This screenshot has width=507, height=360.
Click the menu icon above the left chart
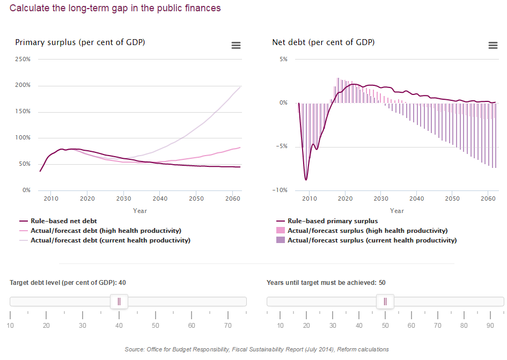(236, 46)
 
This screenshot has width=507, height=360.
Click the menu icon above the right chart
(493, 46)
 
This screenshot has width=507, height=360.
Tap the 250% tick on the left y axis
(22, 59)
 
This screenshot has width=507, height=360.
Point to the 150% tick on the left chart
(22, 112)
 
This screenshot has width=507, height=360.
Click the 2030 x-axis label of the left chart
(123, 199)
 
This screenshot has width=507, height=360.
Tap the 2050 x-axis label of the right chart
(452, 199)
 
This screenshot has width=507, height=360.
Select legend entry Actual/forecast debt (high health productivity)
(106, 231)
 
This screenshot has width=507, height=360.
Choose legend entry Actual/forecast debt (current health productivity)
(110, 240)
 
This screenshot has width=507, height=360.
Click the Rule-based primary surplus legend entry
(333, 221)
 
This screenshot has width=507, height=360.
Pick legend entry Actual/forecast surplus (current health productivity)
(372, 240)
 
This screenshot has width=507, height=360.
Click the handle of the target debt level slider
(119, 302)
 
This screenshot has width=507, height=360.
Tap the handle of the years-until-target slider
(385, 302)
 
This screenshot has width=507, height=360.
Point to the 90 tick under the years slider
(489, 326)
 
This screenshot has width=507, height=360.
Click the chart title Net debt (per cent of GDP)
(323, 42)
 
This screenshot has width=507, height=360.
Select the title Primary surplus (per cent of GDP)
(80, 42)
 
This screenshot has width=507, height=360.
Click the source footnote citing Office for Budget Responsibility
(256, 349)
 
